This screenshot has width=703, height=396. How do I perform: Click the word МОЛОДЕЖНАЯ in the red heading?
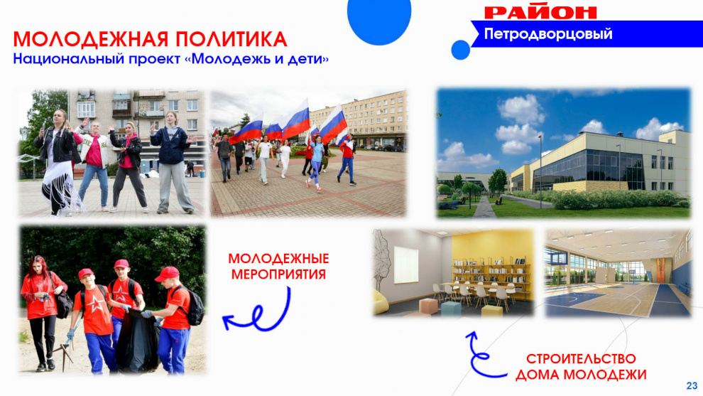pos(91,40)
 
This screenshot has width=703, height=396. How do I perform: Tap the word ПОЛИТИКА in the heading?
pos(231,40)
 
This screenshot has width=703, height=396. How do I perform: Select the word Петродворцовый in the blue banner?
pos(548,33)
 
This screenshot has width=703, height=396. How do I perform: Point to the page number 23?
pos(692,385)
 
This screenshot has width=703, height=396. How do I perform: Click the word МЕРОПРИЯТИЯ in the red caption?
pos(278,274)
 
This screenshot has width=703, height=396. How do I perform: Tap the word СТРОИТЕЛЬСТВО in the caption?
pos(581,359)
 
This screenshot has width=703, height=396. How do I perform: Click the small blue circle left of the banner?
pos(460,50)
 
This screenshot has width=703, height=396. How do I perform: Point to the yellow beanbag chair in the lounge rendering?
pos(381,301)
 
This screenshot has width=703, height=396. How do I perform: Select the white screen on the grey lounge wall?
pos(406,265)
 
